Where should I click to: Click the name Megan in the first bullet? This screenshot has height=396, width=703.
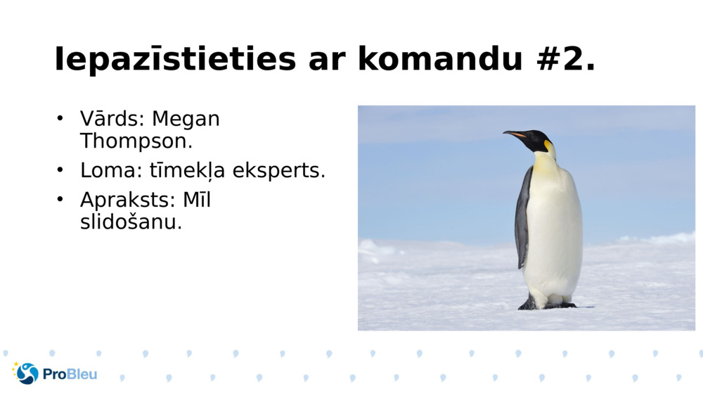tap(186, 119)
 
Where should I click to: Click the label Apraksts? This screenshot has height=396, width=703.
tap(128, 200)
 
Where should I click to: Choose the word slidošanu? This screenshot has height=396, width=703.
tap(131, 222)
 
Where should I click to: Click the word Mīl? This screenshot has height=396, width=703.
tap(197, 200)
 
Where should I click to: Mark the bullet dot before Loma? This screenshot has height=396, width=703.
tap(60, 170)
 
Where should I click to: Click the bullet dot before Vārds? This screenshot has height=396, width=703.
tap(60, 119)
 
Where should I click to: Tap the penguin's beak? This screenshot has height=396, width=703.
tap(515, 133)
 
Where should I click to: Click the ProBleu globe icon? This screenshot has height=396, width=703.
tap(27, 373)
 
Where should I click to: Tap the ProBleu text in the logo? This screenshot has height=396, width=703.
tap(70, 374)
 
